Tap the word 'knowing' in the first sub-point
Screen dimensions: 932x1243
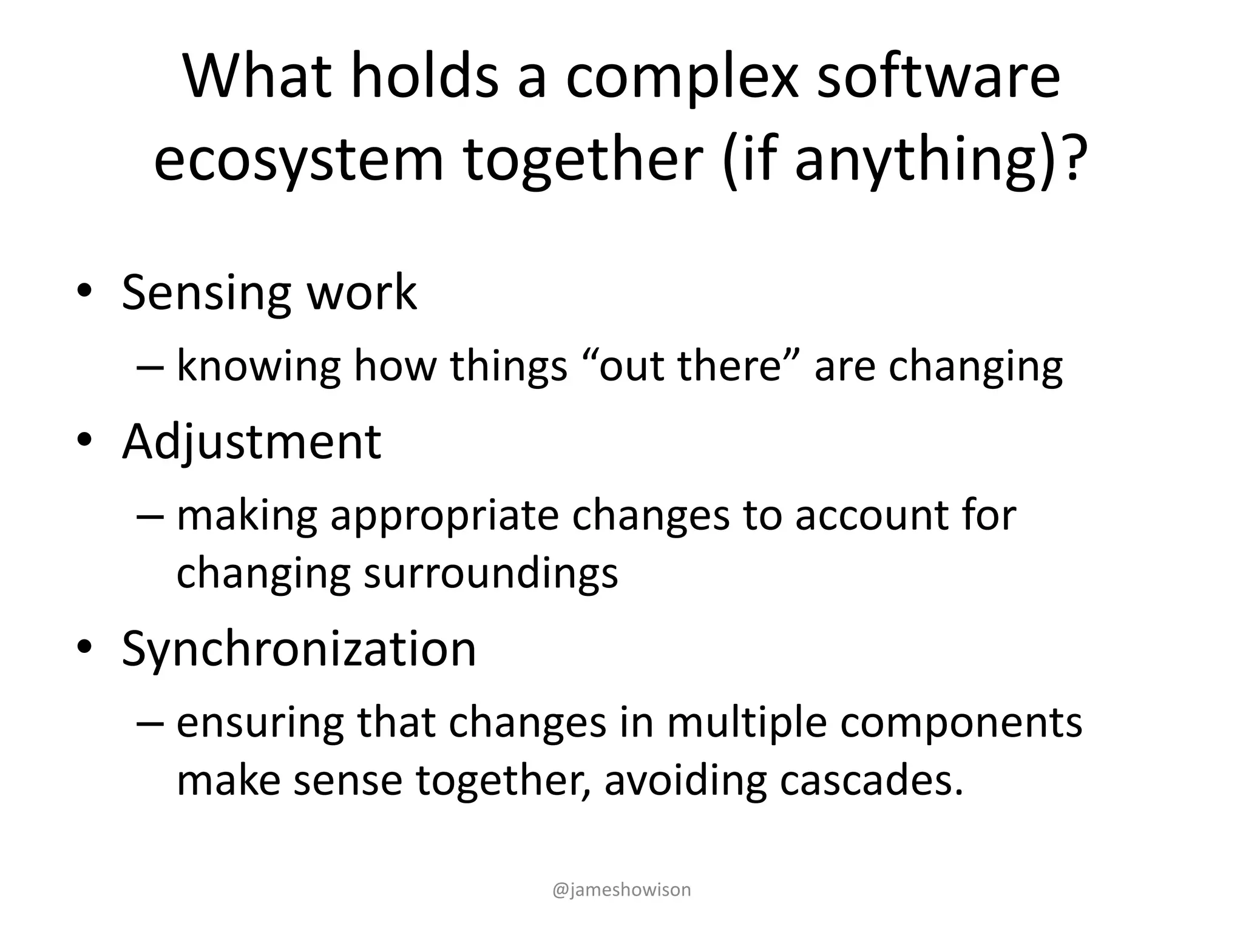259,367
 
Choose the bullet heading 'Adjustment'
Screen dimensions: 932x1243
251,442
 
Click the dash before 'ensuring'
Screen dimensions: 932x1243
150,723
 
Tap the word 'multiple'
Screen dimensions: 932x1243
746,723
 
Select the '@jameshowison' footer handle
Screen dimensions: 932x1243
621,890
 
